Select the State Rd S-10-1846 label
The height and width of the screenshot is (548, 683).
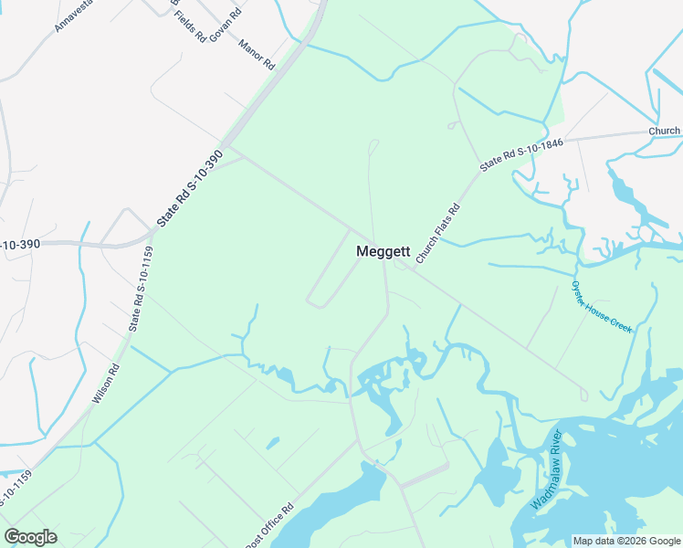521,153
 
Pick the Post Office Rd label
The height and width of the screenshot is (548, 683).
269,527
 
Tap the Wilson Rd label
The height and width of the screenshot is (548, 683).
106,385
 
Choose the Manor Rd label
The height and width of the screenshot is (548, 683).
257,55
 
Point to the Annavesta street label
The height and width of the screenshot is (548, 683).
74,16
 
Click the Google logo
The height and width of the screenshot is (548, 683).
30,537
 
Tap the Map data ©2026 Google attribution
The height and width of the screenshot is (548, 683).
626,541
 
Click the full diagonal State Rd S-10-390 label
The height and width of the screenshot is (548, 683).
189,188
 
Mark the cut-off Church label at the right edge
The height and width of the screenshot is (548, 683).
665,131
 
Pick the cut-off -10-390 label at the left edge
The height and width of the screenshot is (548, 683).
19,245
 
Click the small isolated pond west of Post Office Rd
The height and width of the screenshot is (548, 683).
272,444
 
